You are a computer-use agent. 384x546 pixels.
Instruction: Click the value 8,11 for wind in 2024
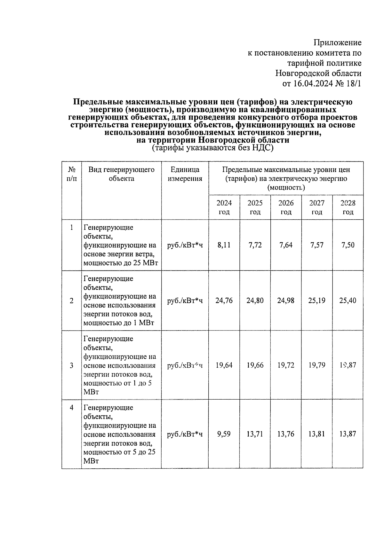224,245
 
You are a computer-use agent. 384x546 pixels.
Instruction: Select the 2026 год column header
286,207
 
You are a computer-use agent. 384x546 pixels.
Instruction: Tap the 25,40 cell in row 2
348,300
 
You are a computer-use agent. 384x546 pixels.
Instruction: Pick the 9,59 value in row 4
224,434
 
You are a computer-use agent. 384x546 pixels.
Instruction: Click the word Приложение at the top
337,43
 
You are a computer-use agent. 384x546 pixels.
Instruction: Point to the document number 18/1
353,84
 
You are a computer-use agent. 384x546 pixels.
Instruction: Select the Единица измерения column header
185,174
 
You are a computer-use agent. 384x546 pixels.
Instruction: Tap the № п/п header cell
72,174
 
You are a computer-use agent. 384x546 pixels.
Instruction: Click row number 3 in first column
71,365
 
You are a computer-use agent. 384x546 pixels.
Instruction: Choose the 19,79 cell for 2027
317,365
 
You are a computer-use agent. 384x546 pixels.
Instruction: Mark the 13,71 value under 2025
255,434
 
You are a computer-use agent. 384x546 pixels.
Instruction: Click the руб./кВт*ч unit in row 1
185,245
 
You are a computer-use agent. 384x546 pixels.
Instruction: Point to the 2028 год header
348,207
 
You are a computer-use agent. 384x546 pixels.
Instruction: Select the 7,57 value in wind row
317,245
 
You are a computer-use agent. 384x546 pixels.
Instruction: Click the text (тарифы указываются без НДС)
212,148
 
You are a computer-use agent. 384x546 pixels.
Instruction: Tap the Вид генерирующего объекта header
121,174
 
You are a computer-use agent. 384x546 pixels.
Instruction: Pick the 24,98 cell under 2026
286,300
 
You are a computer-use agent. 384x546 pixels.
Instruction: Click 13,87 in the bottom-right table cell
348,434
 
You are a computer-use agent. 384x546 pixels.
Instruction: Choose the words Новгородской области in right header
318,74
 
